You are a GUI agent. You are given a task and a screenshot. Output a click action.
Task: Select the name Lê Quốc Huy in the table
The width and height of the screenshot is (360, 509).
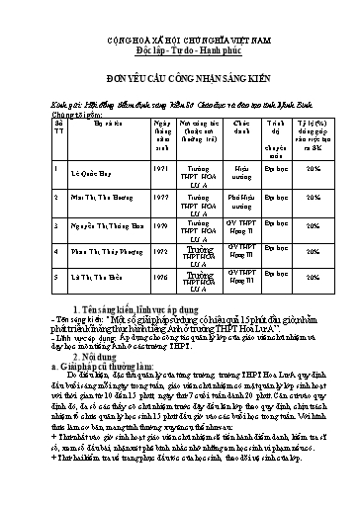[83, 170]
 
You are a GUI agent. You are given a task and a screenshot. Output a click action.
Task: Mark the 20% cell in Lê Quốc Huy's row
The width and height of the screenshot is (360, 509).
[314, 170]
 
